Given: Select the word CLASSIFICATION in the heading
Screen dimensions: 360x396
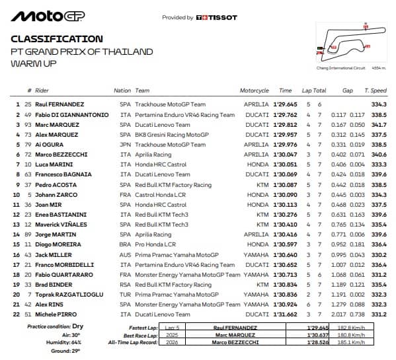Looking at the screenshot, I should [57, 39].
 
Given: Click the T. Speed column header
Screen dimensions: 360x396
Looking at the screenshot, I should [376, 90].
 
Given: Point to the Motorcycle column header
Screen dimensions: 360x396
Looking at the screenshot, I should [255, 90].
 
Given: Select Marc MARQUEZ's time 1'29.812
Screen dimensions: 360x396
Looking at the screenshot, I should [285, 125].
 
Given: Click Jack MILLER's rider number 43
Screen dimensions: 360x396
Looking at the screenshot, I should [28, 254].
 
